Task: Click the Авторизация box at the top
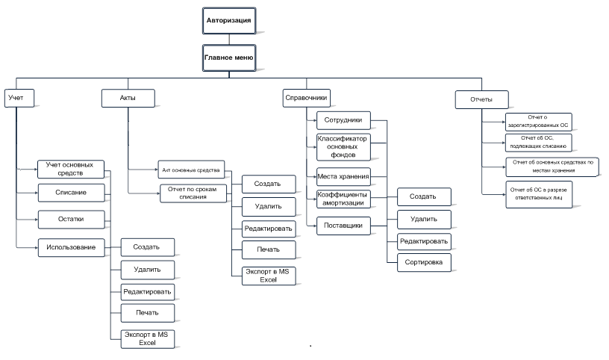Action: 229,21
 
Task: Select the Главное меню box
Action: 229,58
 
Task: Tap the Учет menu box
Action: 19,98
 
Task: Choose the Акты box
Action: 128,98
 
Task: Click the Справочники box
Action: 307,98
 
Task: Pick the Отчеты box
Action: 481,99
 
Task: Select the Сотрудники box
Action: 343,120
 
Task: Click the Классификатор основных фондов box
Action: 343,147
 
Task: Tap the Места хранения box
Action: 343,177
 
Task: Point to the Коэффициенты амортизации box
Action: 343,199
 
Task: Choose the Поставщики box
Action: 343,226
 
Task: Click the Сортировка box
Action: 424,262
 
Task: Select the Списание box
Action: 72,193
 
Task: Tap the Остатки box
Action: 72,220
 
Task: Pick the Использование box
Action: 72,248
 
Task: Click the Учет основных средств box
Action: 71,169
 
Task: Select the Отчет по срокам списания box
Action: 193,193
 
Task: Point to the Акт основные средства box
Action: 191,170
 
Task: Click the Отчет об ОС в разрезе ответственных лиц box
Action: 539,194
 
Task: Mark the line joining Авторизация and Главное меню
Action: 229,40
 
